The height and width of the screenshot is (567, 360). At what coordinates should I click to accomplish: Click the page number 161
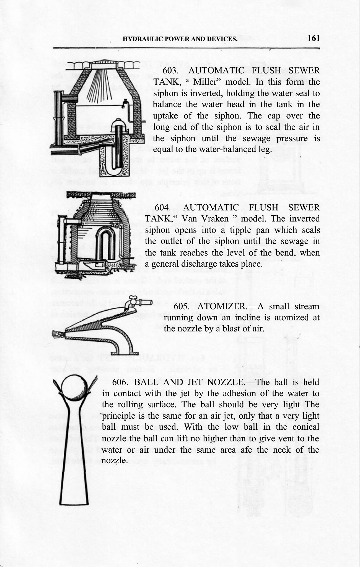tap(313, 38)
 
